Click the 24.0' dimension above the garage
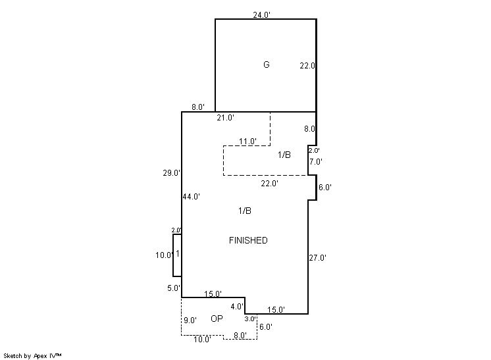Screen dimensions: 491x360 coord(262,14)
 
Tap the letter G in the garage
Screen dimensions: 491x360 coord(267,64)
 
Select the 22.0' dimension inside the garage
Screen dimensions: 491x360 coord(307,66)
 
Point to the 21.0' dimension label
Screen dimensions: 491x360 coord(226,118)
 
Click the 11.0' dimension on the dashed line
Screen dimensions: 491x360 coord(247,141)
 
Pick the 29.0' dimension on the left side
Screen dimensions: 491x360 coord(172,172)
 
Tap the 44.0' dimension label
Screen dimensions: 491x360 coord(192,197)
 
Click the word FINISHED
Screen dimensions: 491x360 coord(248,240)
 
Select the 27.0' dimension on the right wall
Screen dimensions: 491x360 coord(317,257)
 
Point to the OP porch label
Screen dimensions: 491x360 coord(217,319)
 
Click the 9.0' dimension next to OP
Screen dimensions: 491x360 coord(190,321)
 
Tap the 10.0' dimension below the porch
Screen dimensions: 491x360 coord(202,339)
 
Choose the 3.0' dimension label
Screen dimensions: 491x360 coord(251,319)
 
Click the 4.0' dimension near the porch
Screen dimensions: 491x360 coord(237,307)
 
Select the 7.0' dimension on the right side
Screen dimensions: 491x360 coord(316,161)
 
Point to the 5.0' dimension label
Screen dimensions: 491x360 coord(174,288)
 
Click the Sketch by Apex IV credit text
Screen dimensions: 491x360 coord(32,356)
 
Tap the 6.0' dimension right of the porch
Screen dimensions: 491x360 coord(266,326)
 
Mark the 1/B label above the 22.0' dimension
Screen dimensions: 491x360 coord(284,155)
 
